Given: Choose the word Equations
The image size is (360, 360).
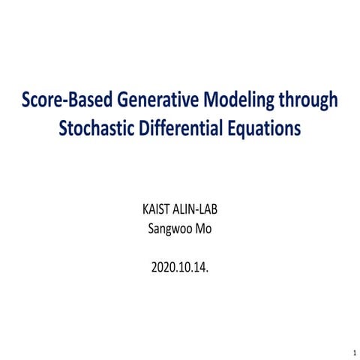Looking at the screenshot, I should (267, 128).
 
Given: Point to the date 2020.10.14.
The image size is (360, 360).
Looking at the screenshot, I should (180, 265).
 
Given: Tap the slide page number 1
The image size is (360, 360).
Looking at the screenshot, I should (352, 351).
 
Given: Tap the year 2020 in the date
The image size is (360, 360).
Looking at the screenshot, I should (161, 265).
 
